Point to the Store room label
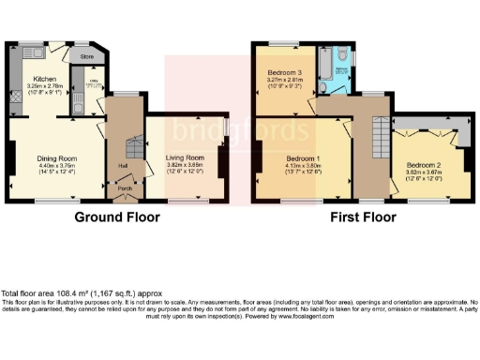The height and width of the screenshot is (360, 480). click(86, 56)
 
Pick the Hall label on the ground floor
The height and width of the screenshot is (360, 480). click(123, 165)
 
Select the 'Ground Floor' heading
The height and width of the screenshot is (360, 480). click(117, 217)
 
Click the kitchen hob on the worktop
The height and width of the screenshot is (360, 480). click(18, 94)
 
